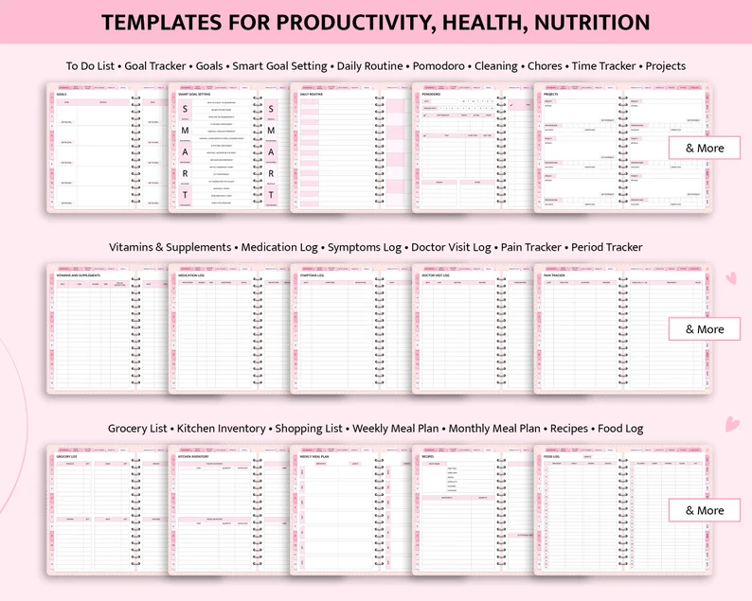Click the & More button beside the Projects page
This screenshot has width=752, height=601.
[x=703, y=148]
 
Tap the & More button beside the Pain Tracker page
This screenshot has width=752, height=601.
[x=703, y=329]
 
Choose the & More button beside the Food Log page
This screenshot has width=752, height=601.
[x=703, y=510]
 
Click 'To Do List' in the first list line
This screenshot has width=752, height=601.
[x=91, y=66]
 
